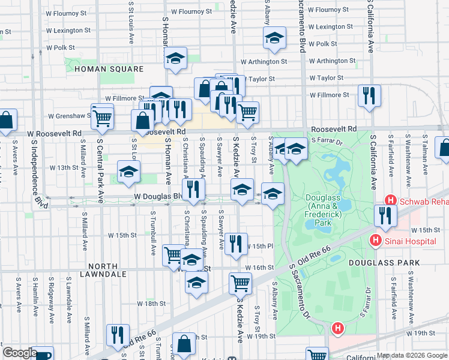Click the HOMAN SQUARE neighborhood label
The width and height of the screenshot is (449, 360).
click(109, 69)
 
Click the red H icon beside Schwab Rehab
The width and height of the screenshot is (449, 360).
click(391, 201)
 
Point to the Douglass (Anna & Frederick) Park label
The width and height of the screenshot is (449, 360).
click(326, 209)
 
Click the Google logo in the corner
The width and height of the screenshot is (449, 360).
click(19, 353)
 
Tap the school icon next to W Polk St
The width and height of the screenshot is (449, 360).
click(274, 38)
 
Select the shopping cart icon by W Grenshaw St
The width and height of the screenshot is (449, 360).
click(103, 118)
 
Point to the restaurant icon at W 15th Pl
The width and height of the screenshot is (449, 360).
click(236, 244)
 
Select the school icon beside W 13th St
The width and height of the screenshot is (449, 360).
click(128, 172)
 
